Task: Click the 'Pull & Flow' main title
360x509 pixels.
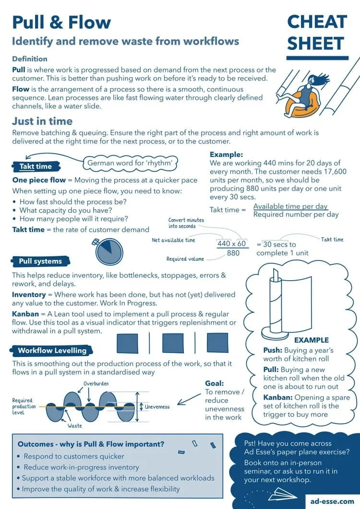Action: click(61, 22)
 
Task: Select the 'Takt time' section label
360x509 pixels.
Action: click(36, 166)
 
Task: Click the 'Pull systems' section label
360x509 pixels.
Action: click(40, 261)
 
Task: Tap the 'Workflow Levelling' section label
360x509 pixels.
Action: click(52, 350)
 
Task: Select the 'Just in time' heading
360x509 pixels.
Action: click(42, 121)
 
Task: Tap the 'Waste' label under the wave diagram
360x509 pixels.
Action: click(74, 426)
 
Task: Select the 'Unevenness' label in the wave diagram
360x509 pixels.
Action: click(157, 407)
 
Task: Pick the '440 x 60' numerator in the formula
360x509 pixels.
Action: click(231, 243)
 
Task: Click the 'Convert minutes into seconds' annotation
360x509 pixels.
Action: click(186, 223)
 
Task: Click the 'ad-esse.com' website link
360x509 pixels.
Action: click(331, 501)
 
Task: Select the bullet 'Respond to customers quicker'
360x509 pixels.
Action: click(73, 456)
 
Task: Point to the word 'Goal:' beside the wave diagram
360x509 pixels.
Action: click(214, 383)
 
